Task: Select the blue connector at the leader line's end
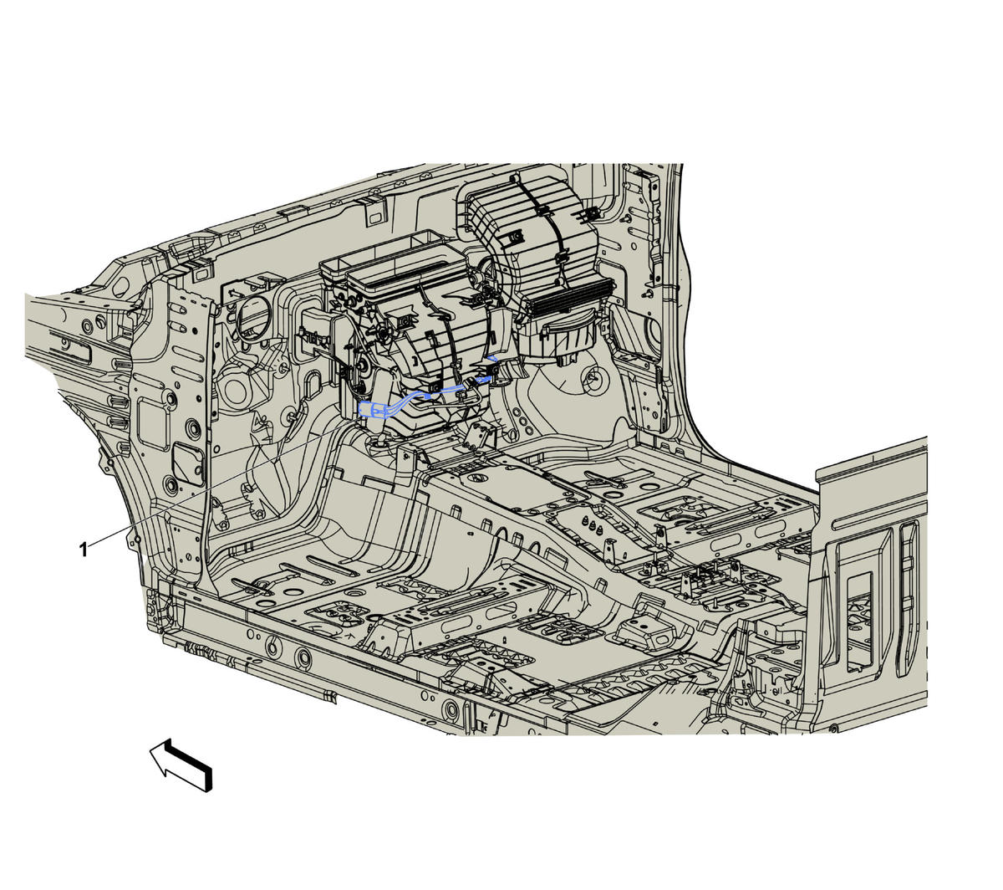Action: point(371,411)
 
